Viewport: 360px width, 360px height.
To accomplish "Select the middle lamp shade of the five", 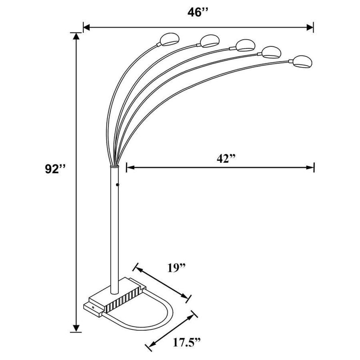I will [243, 45].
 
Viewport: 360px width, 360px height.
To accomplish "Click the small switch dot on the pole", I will [117, 184].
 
